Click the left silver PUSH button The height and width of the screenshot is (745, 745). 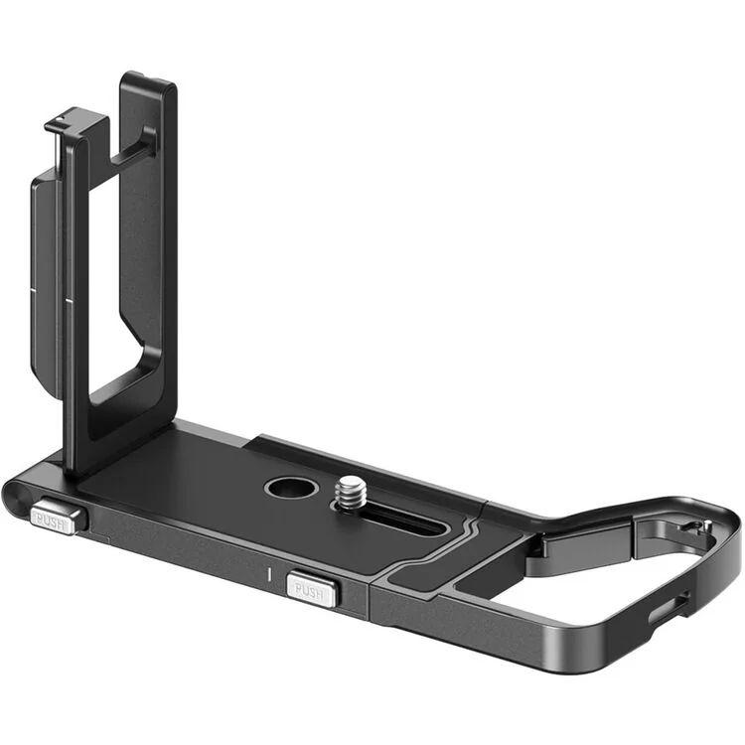(53, 519)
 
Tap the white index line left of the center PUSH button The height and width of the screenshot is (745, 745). (268, 573)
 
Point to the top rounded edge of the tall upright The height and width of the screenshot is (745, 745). (149, 79)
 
